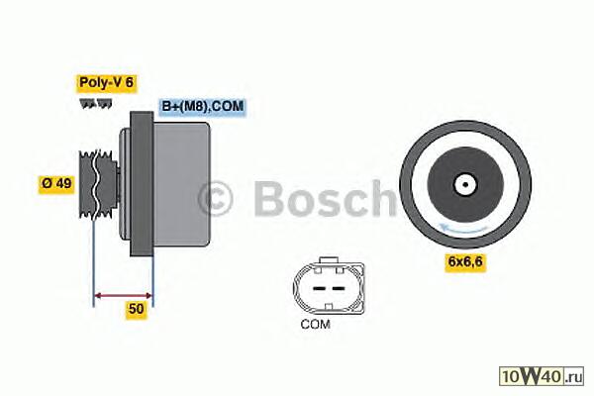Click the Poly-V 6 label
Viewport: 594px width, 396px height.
(x=107, y=83)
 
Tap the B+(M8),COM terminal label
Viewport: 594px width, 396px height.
(x=203, y=107)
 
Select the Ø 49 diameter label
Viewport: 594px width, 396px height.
(x=56, y=184)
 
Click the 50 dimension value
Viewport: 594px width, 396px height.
(x=137, y=309)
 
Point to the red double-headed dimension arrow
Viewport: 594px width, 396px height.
(x=123, y=296)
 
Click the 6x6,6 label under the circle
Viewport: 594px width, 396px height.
(x=465, y=261)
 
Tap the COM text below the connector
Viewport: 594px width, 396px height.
(x=315, y=325)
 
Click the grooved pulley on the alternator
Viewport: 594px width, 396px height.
(x=98, y=184)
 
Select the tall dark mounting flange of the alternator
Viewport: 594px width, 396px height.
(x=142, y=184)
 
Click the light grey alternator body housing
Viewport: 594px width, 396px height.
(x=181, y=184)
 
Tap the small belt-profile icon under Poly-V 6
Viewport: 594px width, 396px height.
(x=96, y=103)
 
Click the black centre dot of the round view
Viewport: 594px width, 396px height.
(x=465, y=185)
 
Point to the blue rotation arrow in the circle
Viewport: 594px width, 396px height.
(x=463, y=229)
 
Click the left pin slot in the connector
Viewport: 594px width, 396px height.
(x=319, y=288)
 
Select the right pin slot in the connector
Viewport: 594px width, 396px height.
(x=339, y=288)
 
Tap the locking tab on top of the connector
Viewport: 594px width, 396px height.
(x=329, y=260)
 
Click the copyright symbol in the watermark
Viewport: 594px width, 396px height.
(x=215, y=199)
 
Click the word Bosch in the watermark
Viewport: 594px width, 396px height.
(x=325, y=198)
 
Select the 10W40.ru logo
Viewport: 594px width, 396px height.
(x=542, y=376)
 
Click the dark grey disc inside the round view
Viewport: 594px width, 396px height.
(x=465, y=185)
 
